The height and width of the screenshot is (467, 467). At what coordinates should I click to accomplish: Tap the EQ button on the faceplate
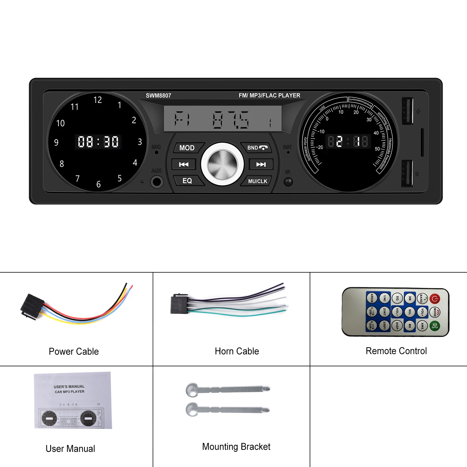tap(187, 181)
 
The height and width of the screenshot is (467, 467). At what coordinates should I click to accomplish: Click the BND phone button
tap(257, 148)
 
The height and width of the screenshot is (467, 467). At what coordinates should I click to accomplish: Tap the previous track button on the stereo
tap(184, 164)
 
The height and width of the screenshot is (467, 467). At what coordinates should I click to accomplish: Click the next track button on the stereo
tap(261, 164)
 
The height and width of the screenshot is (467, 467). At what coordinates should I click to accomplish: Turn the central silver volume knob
tap(222, 164)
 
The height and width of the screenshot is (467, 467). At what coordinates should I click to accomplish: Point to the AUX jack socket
tap(157, 182)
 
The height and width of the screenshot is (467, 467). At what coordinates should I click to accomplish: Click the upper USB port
tap(407, 111)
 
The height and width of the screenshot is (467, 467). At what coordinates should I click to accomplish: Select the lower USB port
tap(407, 173)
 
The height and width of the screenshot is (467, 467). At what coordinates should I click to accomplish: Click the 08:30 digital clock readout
tap(98, 142)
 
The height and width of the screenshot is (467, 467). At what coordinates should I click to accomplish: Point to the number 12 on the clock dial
tap(97, 100)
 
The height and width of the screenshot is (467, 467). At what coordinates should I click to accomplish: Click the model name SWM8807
tap(158, 95)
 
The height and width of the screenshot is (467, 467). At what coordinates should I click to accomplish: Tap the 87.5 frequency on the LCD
tap(231, 120)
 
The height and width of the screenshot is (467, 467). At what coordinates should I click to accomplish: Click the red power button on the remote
tap(435, 299)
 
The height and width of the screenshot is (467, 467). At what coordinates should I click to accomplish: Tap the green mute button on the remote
tap(435, 326)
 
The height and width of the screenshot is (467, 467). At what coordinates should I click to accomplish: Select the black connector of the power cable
tap(32, 306)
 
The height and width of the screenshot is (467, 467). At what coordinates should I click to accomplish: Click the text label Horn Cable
tap(237, 351)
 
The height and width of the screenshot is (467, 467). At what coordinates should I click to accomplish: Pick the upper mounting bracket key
tap(228, 389)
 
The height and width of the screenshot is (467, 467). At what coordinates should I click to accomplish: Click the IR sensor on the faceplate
tap(288, 182)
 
